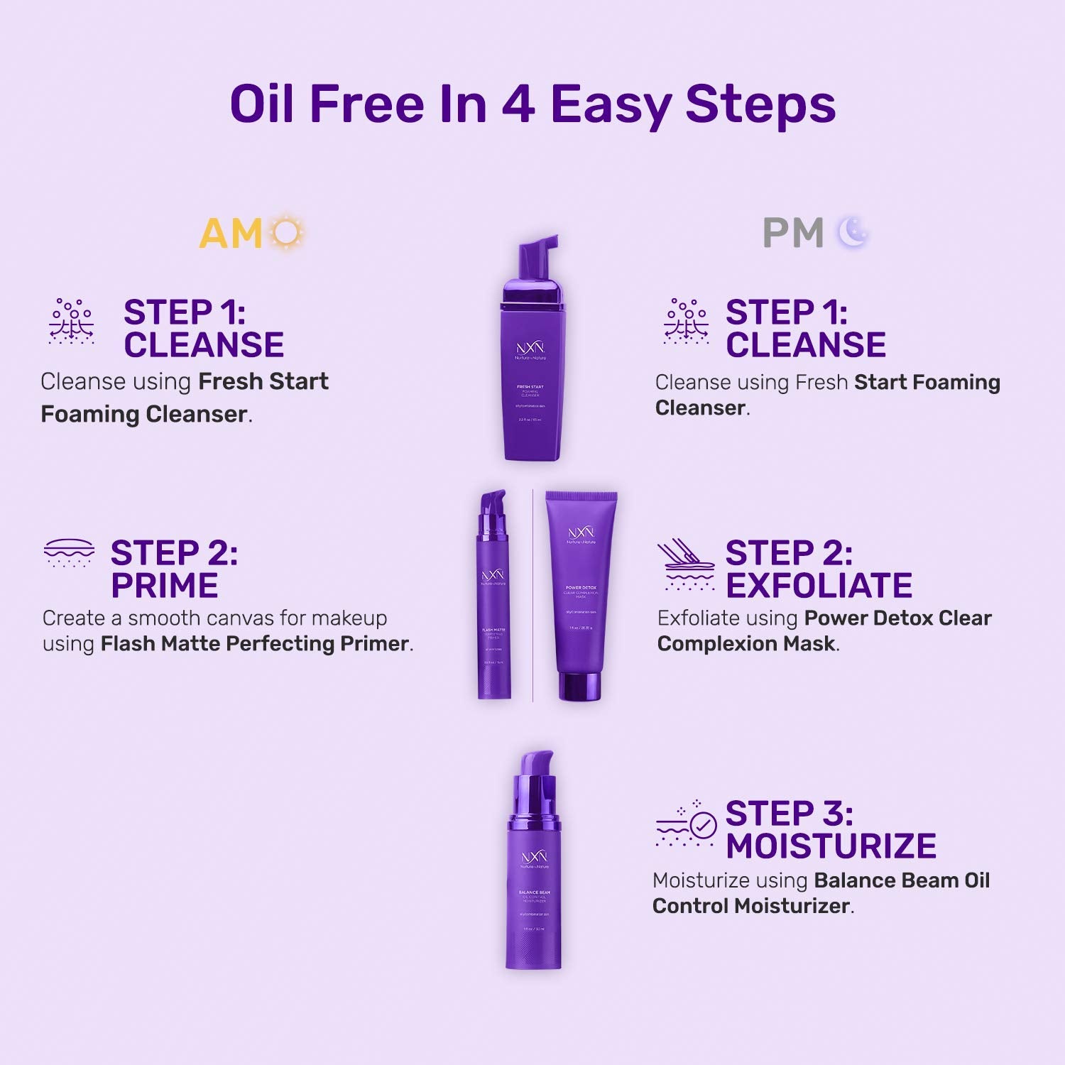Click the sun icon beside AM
click(x=288, y=232)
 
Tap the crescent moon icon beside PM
click(x=853, y=232)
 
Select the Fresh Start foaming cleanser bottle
click(x=530, y=376)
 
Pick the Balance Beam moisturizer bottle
click(x=534, y=887)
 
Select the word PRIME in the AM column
click(x=164, y=586)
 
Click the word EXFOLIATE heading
click(x=819, y=586)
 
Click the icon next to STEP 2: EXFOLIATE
click(x=686, y=565)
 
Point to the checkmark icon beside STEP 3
click(x=702, y=826)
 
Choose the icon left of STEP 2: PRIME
click(x=69, y=552)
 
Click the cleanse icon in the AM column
click(x=71, y=322)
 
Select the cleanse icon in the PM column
click(x=686, y=322)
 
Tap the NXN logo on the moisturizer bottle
click(x=534, y=857)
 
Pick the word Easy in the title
click(x=611, y=104)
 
